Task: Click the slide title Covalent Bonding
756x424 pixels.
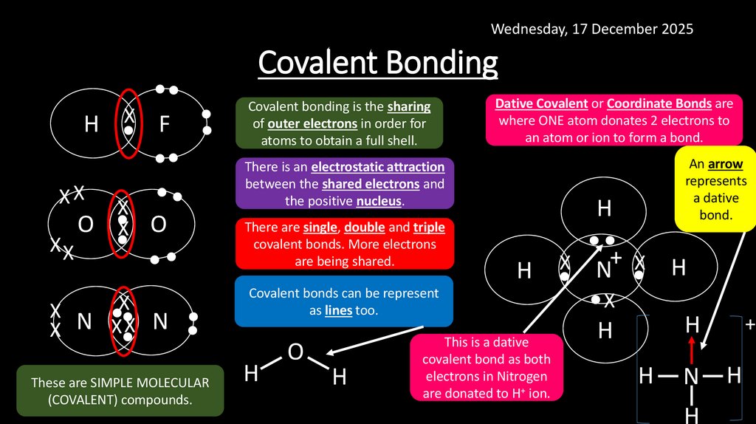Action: point(378,63)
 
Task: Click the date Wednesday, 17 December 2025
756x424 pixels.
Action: point(592,30)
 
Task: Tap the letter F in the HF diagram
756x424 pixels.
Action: point(164,125)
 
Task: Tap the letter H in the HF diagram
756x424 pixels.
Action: point(91,125)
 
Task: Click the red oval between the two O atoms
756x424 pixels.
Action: point(122,225)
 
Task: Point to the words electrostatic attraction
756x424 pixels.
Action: point(377,168)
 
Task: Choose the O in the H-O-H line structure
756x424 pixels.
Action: point(295,352)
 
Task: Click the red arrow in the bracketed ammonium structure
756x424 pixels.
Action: point(692,347)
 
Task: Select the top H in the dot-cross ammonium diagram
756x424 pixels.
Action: point(605,209)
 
